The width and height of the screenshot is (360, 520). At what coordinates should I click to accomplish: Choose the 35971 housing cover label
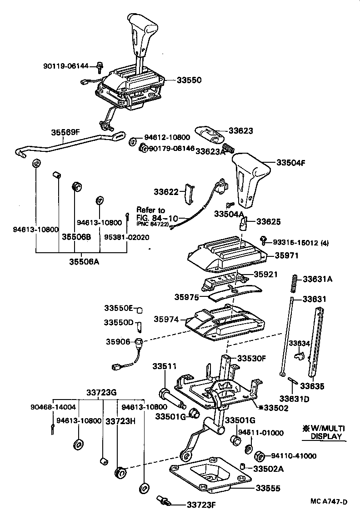coord(286,255)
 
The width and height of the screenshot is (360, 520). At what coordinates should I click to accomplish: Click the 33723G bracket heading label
coord(102,392)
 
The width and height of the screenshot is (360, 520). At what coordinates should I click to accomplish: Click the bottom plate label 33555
coord(268,489)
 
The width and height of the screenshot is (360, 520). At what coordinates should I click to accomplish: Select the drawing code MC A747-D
coord(329,501)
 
